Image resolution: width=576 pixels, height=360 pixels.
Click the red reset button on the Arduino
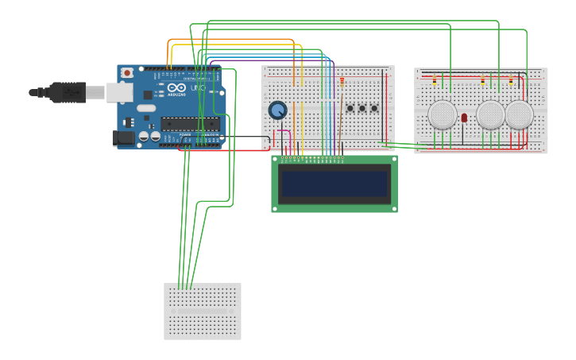pos(127,72)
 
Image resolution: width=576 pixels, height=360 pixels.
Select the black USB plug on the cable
pos(67,93)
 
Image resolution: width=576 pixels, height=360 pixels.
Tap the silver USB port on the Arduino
pos(119,93)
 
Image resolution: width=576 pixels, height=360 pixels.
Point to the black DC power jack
pos(123,137)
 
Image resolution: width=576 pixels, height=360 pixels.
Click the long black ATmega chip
pos(191,124)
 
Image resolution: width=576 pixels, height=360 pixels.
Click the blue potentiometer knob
pos(277,110)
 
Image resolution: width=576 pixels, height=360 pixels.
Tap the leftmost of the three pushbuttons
pos(350,108)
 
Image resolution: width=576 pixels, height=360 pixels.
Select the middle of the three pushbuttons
pos(362,108)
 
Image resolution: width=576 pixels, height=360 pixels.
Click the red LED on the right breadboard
pos(464,118)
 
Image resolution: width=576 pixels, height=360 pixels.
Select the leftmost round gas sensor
pos(443,114)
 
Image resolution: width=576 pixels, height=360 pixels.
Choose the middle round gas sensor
pos(491,114)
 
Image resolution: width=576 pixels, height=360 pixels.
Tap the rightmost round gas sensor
pos(519,114)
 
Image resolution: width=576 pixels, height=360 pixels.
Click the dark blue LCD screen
pos(334,184)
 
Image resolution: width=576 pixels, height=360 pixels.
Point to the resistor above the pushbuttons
pos(342,81)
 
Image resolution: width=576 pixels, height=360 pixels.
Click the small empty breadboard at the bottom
pos(203,312)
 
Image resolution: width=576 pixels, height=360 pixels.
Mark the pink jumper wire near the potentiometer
pos(284,131)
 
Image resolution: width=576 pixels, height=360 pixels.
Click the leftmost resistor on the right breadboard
pos(435,80)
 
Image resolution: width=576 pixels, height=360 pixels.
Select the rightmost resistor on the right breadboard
pos(511,80)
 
